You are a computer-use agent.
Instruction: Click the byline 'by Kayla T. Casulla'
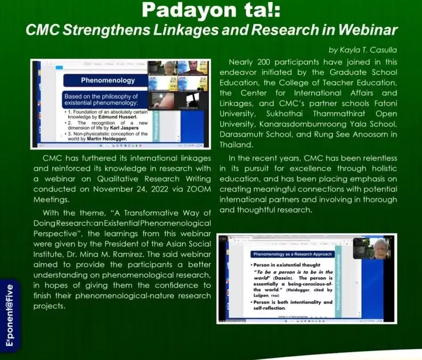362,50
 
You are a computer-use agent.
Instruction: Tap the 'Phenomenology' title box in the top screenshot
100,81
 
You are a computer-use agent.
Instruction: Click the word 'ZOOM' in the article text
197,189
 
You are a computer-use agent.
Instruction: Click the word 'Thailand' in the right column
236,145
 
